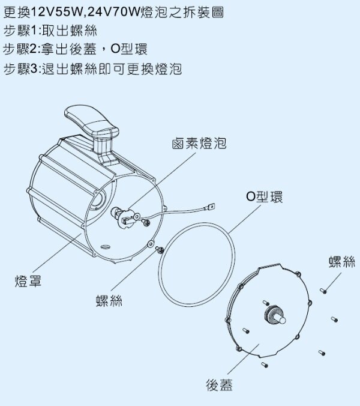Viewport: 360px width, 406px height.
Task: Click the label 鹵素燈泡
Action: point(199,143)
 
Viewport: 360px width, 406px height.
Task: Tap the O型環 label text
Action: point(264,197)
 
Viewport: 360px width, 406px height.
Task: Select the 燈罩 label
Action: point(28,281)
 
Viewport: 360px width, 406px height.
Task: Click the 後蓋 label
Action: point(220,385)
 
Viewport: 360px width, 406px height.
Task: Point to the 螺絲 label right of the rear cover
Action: point(342,262)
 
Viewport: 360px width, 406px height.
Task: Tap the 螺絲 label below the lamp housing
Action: point(109,301)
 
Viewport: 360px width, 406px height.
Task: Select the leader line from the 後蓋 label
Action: point(244,359)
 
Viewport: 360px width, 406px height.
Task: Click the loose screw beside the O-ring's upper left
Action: point(160,250)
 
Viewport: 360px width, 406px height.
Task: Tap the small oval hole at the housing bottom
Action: point(106,247)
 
